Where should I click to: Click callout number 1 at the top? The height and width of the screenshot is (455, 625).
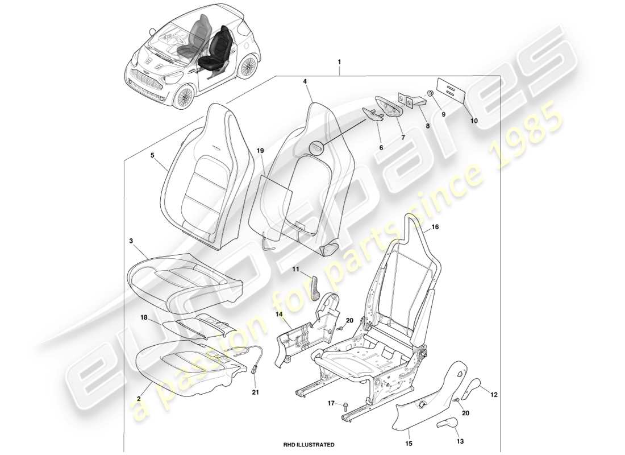pyautogui.click(x=339, y=61)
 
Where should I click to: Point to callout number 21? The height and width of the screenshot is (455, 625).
pyautogui.click(x=255, y=391)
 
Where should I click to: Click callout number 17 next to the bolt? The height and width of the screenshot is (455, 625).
pyautogui.click(x=331, y=404)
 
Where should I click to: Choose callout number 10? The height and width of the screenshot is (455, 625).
pyautogui.click(x=474, y=121)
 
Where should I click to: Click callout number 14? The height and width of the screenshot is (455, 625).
pyautogui.click(x=280, y=313)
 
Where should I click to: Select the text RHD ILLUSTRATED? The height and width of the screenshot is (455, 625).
pyautogui.click(x=309, y=444)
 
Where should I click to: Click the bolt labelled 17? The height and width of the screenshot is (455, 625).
pyautogui.click(x=345, y=405)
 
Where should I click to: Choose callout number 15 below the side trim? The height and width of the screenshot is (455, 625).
pyautogui.click(x=409, y=442)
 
